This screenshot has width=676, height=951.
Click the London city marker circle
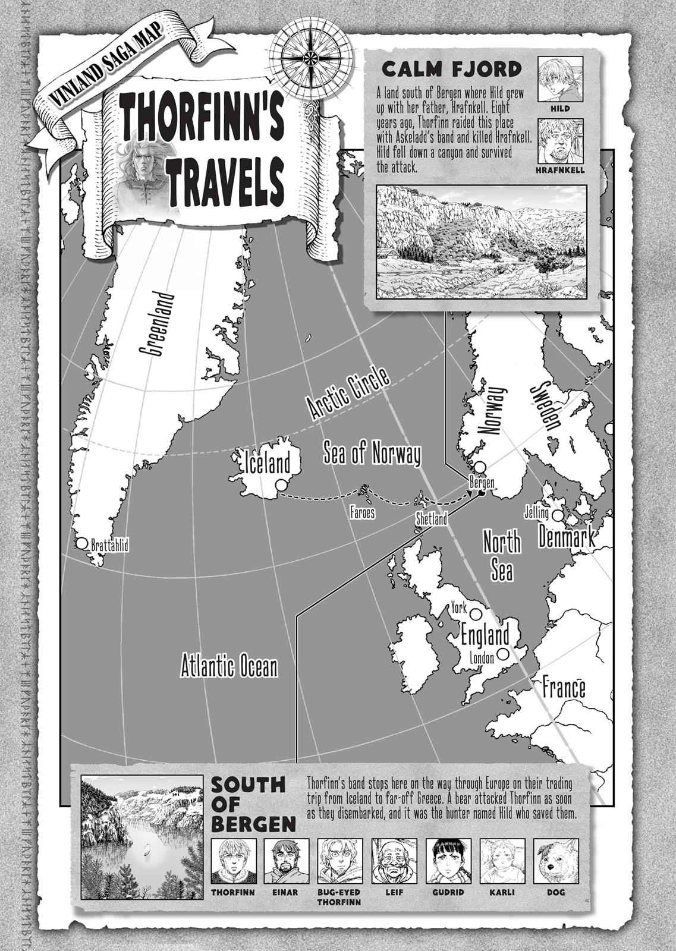504,653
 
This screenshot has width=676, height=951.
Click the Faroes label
361,513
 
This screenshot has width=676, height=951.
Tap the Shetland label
431,519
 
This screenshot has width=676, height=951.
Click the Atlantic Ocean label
229,666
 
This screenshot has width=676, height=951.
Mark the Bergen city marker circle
479,468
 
